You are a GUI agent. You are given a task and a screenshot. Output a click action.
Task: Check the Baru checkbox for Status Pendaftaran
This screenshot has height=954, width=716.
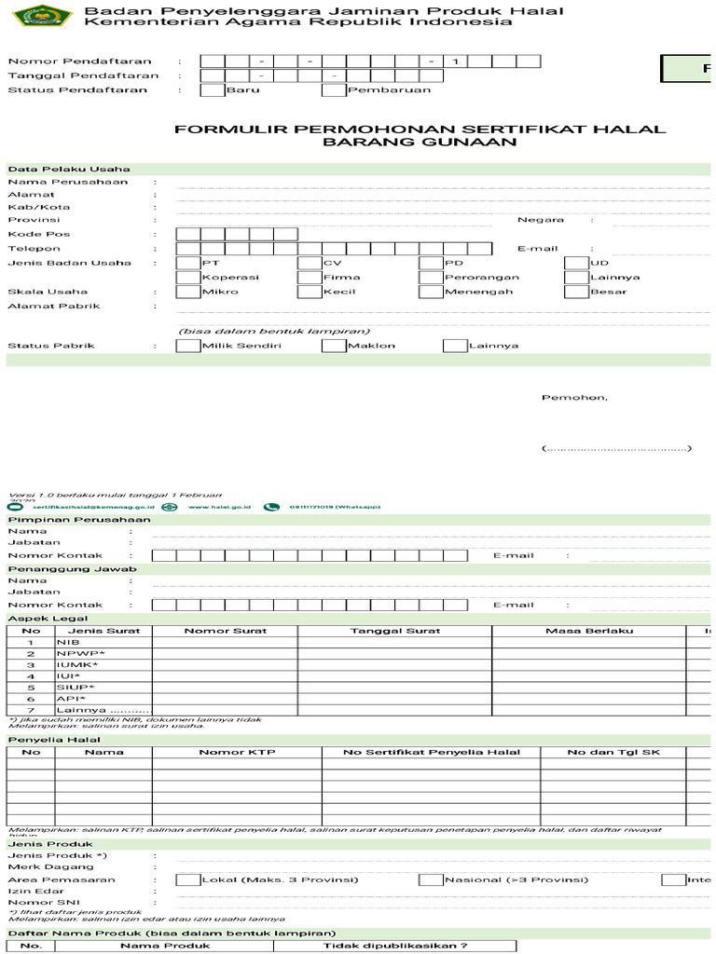click(213, 90)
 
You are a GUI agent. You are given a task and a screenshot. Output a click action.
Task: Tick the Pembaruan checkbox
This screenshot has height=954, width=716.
click(334, 90)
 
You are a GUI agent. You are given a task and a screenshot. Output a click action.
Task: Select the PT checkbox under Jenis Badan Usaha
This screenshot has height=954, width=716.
click(187, 263)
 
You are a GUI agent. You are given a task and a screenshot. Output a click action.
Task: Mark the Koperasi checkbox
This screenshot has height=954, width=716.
click(187, 278)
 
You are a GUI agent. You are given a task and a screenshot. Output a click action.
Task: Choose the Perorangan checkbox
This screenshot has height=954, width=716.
click(431, 278)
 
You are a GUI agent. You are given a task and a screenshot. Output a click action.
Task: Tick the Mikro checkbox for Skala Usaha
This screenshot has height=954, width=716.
click(187, 292)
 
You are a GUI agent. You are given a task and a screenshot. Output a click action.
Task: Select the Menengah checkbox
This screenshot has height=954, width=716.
click(431, 292)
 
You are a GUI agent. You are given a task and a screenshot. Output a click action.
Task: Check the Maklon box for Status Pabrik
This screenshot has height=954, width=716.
click(334, 346)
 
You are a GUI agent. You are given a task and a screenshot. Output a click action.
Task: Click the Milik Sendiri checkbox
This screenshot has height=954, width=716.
click(187, 346)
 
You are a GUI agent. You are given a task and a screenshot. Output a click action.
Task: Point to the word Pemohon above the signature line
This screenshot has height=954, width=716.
click(574, 398)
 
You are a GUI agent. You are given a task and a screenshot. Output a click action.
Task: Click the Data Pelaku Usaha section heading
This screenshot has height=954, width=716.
click(69, 169)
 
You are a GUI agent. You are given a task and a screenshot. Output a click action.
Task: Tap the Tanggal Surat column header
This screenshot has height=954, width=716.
click(395, 631)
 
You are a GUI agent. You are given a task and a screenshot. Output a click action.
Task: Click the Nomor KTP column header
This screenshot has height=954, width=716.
click(225, 752)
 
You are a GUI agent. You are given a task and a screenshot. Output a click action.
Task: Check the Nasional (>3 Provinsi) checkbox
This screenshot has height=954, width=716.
click(431, 879)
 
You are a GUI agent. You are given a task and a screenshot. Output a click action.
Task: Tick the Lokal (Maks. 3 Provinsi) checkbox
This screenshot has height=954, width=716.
click(187, 879)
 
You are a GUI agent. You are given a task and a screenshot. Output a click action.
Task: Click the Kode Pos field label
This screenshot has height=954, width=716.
click(39, 234)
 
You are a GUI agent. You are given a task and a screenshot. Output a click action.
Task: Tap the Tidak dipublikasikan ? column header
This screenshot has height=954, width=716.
click(395, 946)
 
